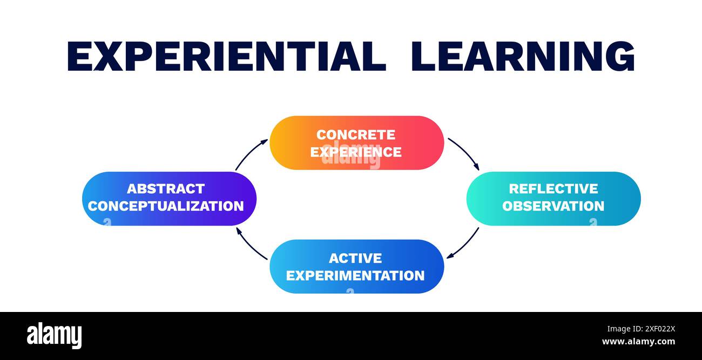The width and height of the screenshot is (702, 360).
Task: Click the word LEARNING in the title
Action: click(x=522, y=56)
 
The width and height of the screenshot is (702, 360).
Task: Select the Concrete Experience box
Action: click(x=356, y=142)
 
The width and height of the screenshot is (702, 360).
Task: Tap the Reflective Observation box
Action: click(x=553, y=198)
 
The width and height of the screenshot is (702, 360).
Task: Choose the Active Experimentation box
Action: click(x=356, y=266)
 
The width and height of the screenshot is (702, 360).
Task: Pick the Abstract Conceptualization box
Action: click(x=168, y=198)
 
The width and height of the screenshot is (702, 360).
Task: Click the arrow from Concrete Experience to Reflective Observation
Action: click(x=464, y=153)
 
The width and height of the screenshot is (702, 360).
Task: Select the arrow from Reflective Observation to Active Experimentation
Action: click(x=463, y=243)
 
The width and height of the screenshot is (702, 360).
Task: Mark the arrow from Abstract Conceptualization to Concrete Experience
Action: click(x=251, y=153)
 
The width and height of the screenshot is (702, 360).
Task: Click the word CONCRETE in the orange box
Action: click(x=356, y=134)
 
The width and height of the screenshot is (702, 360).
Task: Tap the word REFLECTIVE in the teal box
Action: click(x=553, y=189)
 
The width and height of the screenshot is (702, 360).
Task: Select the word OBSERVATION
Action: click(x=553, y=206)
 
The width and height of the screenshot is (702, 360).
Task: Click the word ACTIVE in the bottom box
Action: click(x=355, y=258)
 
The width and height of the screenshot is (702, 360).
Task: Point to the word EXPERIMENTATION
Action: click(x=355, y=275)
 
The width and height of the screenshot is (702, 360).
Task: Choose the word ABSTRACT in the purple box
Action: click(x=166, y=189)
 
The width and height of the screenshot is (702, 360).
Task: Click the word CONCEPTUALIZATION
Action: click(x=166, y=206)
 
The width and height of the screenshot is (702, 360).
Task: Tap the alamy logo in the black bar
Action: click(x=54, y=335)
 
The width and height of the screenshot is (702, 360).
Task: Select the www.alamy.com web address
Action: click(x=638, y=342)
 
